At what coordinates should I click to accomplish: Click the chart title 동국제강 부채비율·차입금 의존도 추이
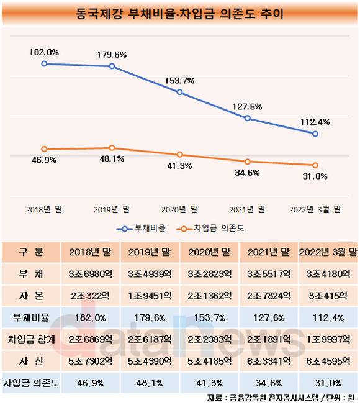(x=179, y=14)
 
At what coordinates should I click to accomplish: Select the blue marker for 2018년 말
(x=44, y=63)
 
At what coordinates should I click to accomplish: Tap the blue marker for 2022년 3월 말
(x=315, y=134)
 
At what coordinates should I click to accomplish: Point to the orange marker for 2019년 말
(x=112, y=148)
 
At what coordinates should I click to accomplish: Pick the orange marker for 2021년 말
(x=248, y=162)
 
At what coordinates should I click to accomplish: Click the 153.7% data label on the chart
(x=179, y=81)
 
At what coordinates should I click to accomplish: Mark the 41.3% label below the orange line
(x=179, y=166)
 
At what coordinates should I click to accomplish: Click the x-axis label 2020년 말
(x=179, y=209)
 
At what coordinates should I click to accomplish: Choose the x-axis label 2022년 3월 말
(x=315, y=209)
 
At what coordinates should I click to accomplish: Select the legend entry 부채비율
(x=141, y=229)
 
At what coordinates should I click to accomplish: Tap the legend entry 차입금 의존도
(x=210, y=229)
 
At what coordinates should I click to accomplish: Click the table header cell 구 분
(x=31, y=252)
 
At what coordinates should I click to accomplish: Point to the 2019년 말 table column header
(x=150, y=252)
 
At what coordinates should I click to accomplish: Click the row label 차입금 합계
(x=31, y=339)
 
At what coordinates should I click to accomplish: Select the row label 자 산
(x=31, y=361)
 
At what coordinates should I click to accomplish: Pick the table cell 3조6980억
(x=91, y=274)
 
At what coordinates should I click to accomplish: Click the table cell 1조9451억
(x=150, y=296)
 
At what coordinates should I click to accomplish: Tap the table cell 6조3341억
(x=269, y=361)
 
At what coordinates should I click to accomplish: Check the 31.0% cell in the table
(x=328, y=383)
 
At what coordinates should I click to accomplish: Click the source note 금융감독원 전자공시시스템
(x=274, y=398)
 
